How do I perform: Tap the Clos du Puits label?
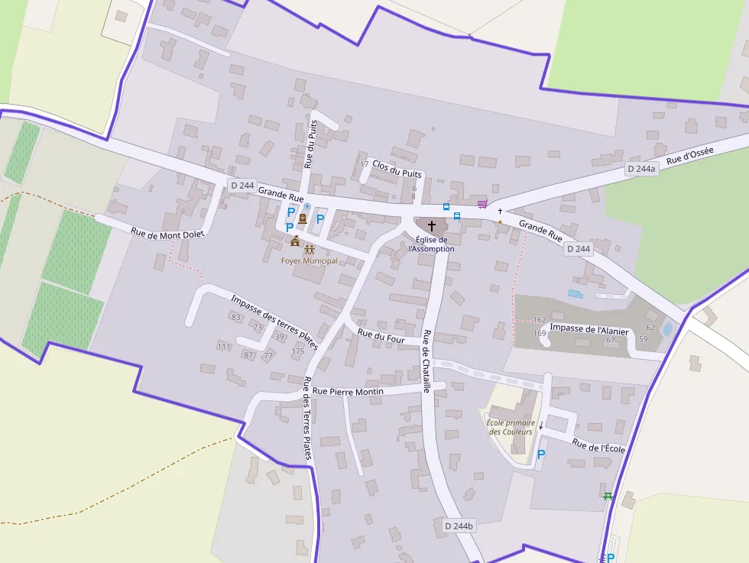tap(397, 168)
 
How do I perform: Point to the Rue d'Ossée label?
tap(689, 156)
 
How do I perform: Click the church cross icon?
tap(432, 226)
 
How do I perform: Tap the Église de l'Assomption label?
tap(432, 244)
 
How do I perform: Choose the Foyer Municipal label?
tap(309, 260)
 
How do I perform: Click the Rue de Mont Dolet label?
tap(167, 235)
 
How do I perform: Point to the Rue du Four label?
tap(381, 335)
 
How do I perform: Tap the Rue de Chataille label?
tap(426, 360)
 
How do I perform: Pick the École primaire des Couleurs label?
tap(510, 426)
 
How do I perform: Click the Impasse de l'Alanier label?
tap(588, 330)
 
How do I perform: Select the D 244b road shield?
tap(459, 526)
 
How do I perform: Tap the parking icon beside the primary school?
tap(542, 455)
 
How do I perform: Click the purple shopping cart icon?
tap(482, 204)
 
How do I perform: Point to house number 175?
tap(298, 351)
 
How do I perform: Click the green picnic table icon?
tap(608, 497)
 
